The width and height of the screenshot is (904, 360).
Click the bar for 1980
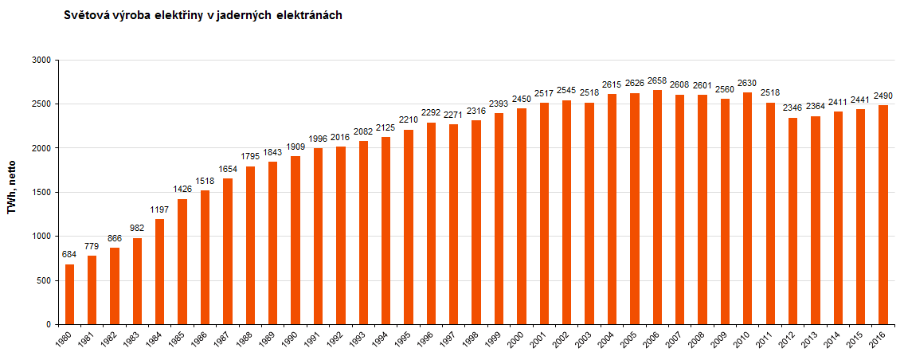coord(69,294)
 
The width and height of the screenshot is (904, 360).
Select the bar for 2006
coord(657,207)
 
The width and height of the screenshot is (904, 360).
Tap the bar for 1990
coord(295,240)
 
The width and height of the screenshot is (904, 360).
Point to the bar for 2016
coord(883,214)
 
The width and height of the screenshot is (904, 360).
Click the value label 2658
coord(657,81)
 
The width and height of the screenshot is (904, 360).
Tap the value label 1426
coord(182,190)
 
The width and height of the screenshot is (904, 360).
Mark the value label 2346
coord(792,108)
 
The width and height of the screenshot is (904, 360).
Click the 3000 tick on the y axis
coord(41,60)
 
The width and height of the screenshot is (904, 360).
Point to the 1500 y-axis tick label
coord(41,192)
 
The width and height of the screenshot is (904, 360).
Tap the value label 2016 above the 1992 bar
coord(341,138)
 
